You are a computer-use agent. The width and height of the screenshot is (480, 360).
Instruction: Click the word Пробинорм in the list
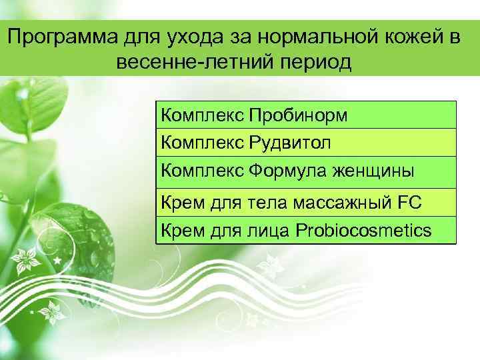pos(298,116)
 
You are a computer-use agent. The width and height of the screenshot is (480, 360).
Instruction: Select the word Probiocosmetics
pos(363,231)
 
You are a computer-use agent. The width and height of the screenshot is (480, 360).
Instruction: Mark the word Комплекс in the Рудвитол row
pos(201,143)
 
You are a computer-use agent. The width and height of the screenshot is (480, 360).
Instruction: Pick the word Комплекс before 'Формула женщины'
pos(201,171)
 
